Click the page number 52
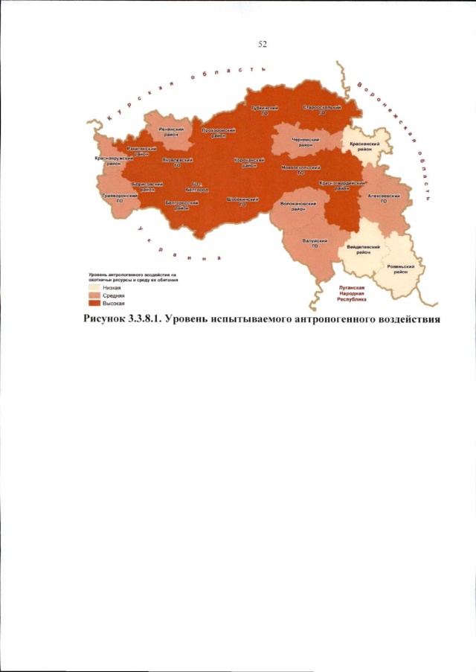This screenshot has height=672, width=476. [263, 44]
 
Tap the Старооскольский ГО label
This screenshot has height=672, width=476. [322, 109]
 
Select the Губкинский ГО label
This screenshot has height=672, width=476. [264, 109]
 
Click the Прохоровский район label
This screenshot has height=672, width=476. [219, 132]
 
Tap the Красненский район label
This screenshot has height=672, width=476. [365, 146]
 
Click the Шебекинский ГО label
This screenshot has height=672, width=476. [242, 202]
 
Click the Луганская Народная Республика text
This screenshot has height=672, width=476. [350, 295]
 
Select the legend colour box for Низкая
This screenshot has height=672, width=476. [94, 287]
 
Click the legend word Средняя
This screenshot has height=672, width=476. [113, 295]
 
